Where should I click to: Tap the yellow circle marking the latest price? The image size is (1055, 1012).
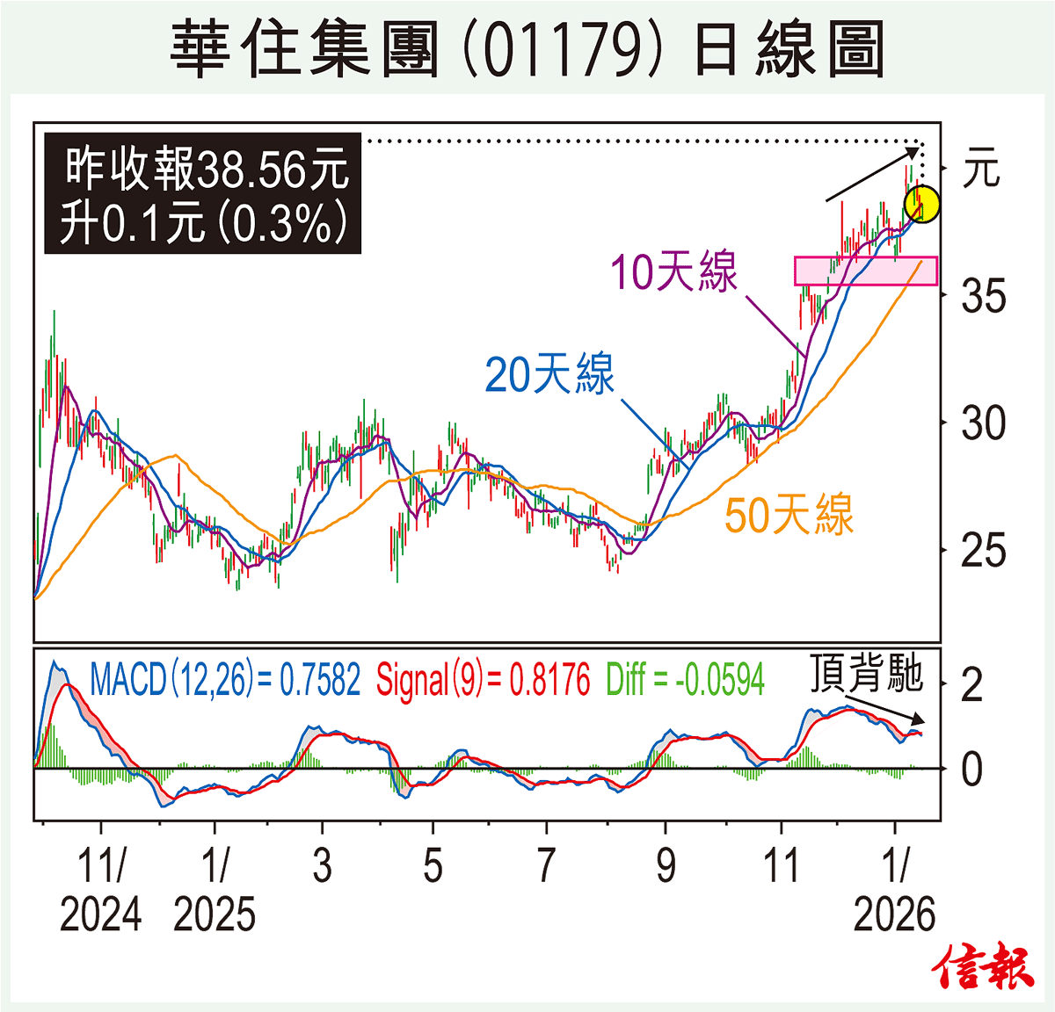(922, 204)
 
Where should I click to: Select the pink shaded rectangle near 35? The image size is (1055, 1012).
(865, 271)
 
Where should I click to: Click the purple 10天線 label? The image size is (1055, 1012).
(674, 271)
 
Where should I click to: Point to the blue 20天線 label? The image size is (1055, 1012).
(549, 374)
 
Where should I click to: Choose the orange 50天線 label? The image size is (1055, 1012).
(789, 514)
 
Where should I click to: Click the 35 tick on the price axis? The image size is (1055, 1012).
(983, 296)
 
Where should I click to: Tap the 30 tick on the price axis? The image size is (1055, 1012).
(983, 423)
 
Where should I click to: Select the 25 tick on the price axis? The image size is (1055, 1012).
(983, 551)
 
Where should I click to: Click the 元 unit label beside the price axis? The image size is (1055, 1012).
(981, 168)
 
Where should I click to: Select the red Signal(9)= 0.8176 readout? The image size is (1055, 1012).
(483, 680)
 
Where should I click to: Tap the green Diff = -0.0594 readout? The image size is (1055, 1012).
(685, 680)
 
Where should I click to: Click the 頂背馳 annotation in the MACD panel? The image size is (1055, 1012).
(866, 674)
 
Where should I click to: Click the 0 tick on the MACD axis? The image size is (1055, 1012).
(971, 770)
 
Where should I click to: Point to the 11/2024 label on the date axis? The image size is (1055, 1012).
(101, 889)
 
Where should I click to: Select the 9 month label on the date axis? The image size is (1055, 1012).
(666, 866)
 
